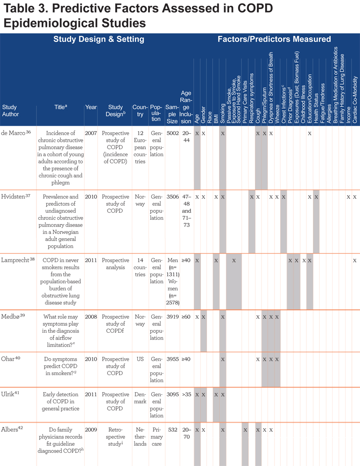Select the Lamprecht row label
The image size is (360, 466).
pos(15,260)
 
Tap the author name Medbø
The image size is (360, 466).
pos(10,317)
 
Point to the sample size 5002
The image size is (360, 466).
pos(172,133)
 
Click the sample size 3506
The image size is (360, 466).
pos(172,197)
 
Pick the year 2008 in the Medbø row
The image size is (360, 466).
pos(91,317)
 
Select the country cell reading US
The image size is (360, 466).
pos(140,359)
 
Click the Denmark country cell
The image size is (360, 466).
pos(140,398)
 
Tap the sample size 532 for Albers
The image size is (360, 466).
pos(172,430)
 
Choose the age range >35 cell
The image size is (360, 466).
pos(187,394)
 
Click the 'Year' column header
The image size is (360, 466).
pos(91,107)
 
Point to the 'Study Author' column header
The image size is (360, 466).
pos(10,111)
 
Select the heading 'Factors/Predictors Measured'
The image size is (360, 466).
pos(274,39)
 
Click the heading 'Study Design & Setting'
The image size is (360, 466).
pos(99,39)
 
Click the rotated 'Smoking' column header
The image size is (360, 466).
pos(223,113)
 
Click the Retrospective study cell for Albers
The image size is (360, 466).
pos(115,437)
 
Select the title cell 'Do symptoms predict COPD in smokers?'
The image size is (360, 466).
pos(61,366)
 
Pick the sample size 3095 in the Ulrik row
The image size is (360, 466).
pos(172,394)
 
